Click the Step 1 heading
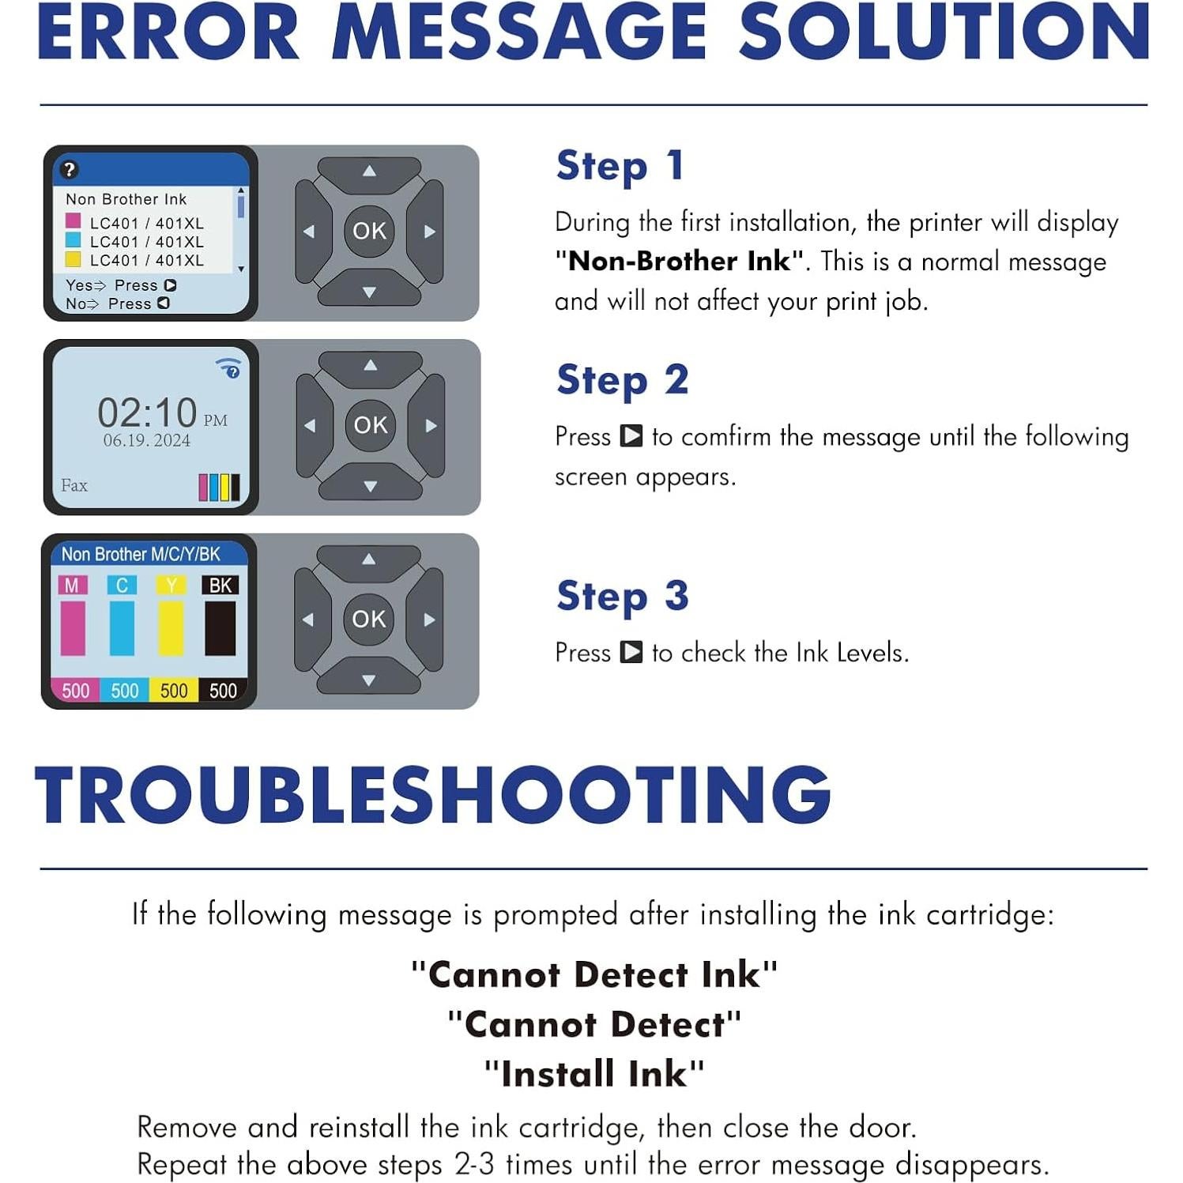[x=620, y=167]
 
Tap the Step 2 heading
[x=622, y=381]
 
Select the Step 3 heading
[x=622, y=597]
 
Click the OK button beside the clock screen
[x=370, y=425]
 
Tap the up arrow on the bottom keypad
[x=368, y=559]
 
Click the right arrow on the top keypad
[x=429, y=232]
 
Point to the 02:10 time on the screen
[x=147, y=413]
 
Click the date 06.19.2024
[x=147, y=441]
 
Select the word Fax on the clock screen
[x=74, y=485]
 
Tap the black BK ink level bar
[x=220, y=628]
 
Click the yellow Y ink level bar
[x=171, y=628]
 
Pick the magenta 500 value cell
[x=75, y=691]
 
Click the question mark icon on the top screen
[x=70, y=169]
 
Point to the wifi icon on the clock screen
[x=228, y=367]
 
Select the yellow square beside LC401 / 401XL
[x=73, y=260]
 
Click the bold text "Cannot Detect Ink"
[x=593, y=974]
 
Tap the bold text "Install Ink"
[x=593, y=1074]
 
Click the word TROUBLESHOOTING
[x=433, y=795]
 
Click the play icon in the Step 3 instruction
[x=631, y=653]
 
